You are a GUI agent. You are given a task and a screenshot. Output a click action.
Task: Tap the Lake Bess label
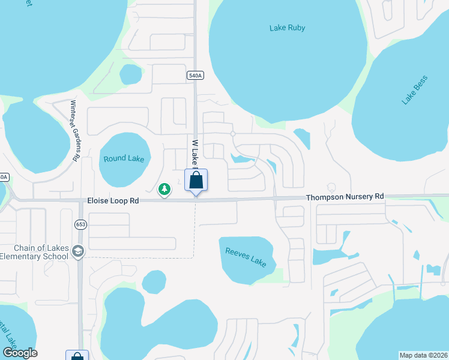click(415, 90)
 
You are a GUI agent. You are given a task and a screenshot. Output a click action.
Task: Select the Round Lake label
click(124, 158)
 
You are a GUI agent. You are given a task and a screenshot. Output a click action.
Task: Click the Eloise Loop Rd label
click(113, 202)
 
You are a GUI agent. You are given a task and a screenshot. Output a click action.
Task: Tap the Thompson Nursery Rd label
click(345, 197)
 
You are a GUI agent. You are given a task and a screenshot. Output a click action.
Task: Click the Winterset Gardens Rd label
click(75, 130)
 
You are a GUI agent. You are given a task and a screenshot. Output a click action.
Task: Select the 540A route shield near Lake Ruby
click(195, 75)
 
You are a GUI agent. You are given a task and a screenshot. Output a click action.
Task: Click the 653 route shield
click(80, 224)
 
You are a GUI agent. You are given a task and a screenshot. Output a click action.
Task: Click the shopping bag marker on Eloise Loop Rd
click(196, 180)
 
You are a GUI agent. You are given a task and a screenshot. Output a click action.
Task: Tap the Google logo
click(20, 353)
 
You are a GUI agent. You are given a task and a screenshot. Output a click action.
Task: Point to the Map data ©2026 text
click(423, 355)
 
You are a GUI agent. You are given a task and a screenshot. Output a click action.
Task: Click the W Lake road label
click(194, 154)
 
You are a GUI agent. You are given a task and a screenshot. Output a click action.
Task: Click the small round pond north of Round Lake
click(130, 74)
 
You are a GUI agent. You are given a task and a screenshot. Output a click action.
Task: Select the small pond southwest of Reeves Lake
click(154, 281)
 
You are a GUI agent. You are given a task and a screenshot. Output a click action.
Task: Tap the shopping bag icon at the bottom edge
click(77, 356)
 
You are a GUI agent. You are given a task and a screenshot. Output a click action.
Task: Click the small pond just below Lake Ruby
click(302, 138)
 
